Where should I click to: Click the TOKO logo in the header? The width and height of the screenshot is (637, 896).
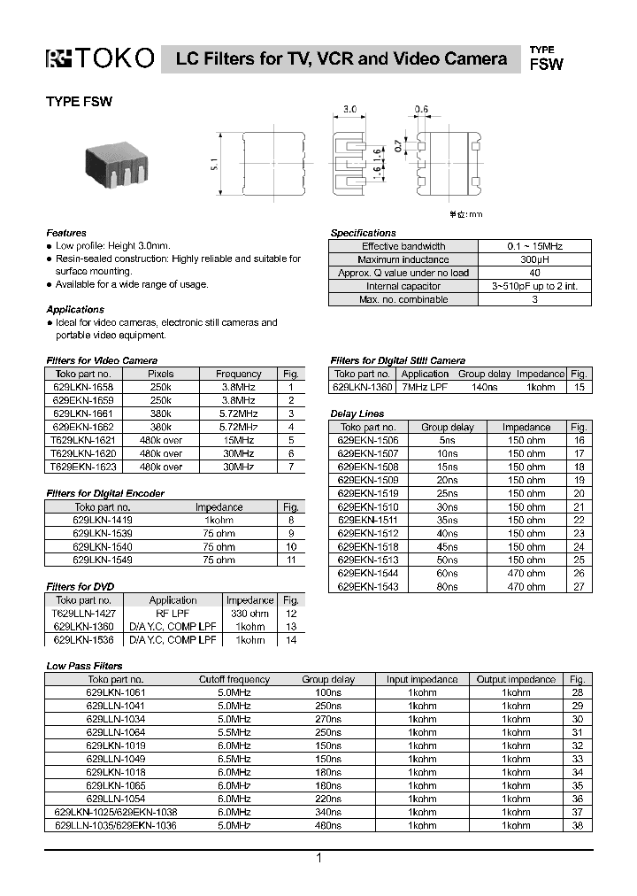pyautogui.click(x=100, y=59)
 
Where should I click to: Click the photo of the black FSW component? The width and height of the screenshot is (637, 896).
pyautogui.click(x=117, y=164)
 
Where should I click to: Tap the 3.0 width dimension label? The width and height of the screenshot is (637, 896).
pyautogui.click(x=349, y=109)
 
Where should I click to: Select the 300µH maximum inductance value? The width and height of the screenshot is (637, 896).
pyautogui.click(x=534, y=259)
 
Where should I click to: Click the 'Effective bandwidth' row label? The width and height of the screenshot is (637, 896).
pyautogui.click(x=403, y=246)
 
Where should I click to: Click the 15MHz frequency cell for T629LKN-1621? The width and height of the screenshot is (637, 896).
pyautogui.click(x=238, y=440)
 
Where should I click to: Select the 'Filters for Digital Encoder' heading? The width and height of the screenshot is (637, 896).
pyautogui.click(x=104, y=493)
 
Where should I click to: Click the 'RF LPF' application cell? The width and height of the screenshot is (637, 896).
pyautogui.click(x=173, y=613)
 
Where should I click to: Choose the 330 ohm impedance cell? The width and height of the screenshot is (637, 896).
pyautogui.click(x=249, y=613)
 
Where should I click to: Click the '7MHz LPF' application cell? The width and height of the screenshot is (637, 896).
pyautogui.click(x=425, y=387)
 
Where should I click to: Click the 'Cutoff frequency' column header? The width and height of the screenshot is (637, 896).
pyautogui.click(x=234, y=679)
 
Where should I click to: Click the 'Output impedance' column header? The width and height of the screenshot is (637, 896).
pyautogui.click(x=516, y=679)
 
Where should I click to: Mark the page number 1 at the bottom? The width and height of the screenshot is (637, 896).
pyautogui.click(x=318, y=858)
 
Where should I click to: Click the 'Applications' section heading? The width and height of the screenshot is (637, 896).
pyautogui.click(x=75, y=309)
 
